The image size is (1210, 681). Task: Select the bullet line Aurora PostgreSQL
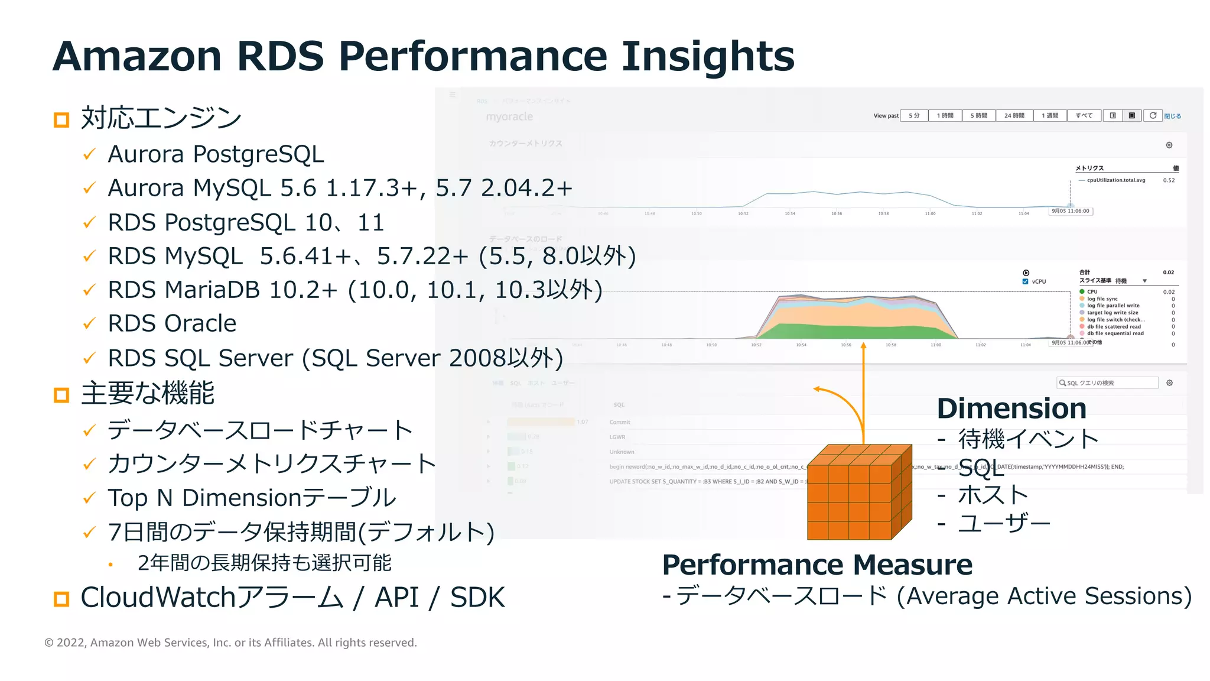(216, 154)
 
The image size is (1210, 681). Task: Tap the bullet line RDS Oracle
(172, 323)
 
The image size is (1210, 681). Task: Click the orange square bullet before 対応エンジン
(61, 120)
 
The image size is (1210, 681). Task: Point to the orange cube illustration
(858, 492)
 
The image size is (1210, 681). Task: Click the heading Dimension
(1011, 408)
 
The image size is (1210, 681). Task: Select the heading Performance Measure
(817, 565)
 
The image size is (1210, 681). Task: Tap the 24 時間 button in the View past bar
(1014, 116)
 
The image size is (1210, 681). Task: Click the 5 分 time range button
(914, 116)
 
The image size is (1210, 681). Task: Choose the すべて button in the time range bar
(1084, 116)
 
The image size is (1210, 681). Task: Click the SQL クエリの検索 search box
(1107, 383)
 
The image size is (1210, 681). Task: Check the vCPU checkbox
(1026, 281)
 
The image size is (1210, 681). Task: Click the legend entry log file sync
(1102, 299)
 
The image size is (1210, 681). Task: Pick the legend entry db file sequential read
(1115, 333)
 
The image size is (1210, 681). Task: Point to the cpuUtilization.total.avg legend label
(1115, 180)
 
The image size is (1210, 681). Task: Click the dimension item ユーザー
(1004, 523)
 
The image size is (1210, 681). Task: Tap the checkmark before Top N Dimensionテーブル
(89, 498)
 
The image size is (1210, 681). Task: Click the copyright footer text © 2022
(230, 643)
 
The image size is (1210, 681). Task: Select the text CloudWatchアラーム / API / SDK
(292, 598)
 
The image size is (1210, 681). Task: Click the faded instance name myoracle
(509, 117)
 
